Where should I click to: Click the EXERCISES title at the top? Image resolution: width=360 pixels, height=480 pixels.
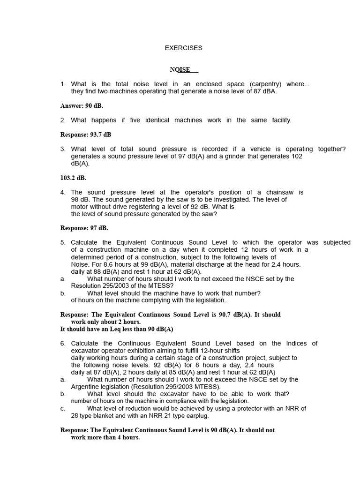[x=183, y=48]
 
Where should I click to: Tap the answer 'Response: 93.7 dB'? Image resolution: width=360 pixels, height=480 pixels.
[x=86, y=135]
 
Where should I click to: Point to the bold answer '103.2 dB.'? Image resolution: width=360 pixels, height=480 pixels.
[x=73, y=178]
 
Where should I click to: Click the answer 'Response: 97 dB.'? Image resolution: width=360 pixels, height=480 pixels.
[x=84, y=228]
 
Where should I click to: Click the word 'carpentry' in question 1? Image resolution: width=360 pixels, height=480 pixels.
[x=265, y=84]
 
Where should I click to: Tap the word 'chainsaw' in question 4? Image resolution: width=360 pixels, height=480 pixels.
[x=280, y=192]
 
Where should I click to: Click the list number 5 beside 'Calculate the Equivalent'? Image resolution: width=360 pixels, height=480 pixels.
[x=63, y=242]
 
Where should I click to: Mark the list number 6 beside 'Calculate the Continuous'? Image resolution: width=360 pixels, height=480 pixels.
[x=63, y=343]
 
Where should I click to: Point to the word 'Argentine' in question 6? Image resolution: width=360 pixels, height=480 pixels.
[x=85, y=387]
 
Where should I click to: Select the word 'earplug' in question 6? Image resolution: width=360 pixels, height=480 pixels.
[x=197, y=415]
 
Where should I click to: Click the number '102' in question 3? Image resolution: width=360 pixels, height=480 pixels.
[x=297, y=156]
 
